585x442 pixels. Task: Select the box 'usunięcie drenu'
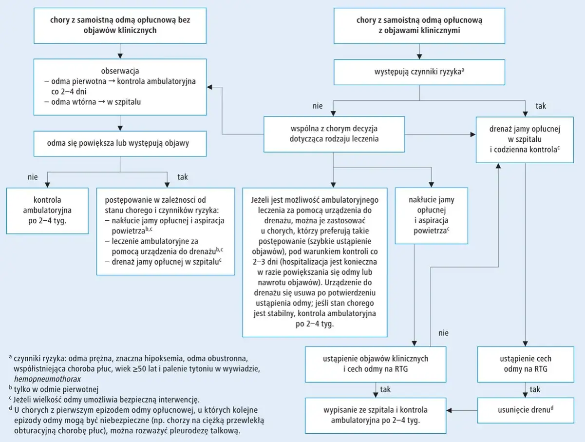(x=526, y=410)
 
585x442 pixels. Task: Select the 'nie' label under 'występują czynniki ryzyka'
(x=318, y=106)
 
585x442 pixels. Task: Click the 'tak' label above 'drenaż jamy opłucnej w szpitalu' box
(x=541, y=106)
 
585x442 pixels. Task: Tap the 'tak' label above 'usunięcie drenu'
(x=535, y=389)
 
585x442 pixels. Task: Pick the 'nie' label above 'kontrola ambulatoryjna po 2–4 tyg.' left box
(x=32, y=177)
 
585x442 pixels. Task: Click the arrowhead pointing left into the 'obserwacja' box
(x=209, y=87)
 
